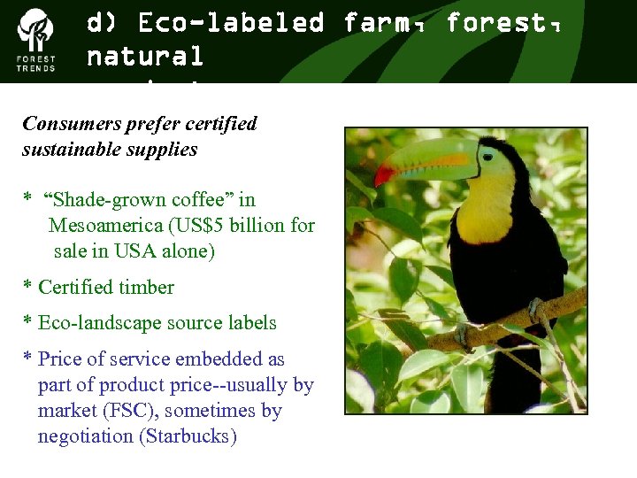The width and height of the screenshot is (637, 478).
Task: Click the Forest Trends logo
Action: [36, 40]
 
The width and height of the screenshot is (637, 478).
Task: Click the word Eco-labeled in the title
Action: [231, 23]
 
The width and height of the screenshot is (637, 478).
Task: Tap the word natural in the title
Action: [145, 57]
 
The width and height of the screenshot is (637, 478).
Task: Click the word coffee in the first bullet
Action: [208, 200]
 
